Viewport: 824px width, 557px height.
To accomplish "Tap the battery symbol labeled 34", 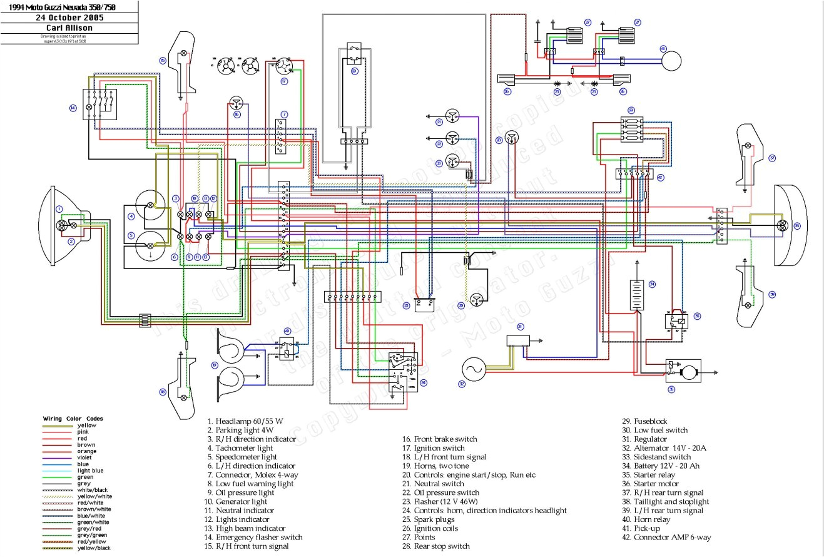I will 637,295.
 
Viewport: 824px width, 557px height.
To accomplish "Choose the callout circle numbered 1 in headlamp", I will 59,209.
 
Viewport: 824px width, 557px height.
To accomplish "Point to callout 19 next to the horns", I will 215,365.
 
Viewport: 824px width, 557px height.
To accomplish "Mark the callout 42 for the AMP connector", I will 659,177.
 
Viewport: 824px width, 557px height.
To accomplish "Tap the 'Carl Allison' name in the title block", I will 69,28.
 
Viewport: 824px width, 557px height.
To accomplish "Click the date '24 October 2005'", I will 69,18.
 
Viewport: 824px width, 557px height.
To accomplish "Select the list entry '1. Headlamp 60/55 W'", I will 245,421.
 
